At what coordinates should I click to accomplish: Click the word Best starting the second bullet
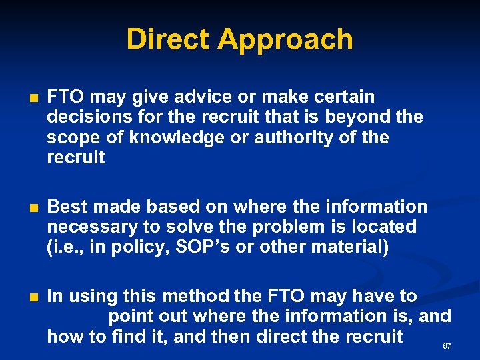point(67,207)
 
